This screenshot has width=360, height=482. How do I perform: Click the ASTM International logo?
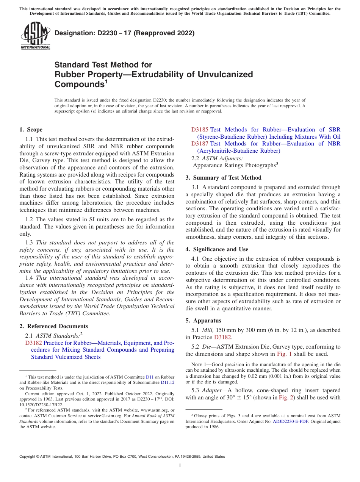35,36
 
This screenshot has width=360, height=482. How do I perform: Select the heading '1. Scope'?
31,130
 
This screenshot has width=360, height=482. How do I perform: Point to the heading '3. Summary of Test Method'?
223,177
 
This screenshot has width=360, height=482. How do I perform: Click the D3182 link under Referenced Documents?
33,343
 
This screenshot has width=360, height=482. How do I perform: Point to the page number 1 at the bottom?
180,465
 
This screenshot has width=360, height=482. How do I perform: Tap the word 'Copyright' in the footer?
29,457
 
